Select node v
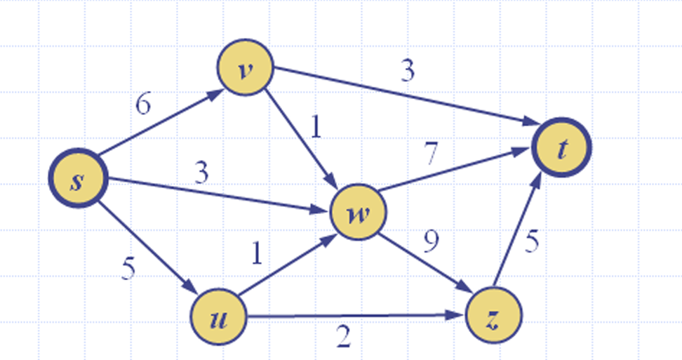coord(243,72)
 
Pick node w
coord(357,213)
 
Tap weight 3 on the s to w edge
coord(201,173)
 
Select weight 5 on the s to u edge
coord(128,269)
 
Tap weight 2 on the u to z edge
coord(343,339)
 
